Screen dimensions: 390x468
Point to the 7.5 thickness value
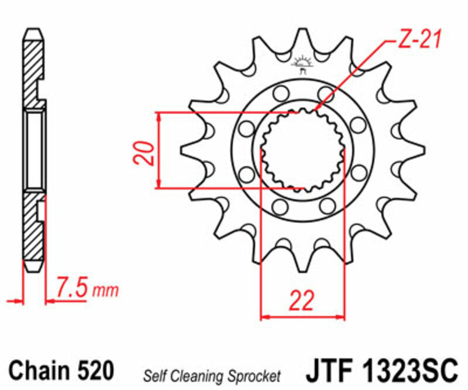point(73,288)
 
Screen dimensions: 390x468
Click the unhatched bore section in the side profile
point(35,151)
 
